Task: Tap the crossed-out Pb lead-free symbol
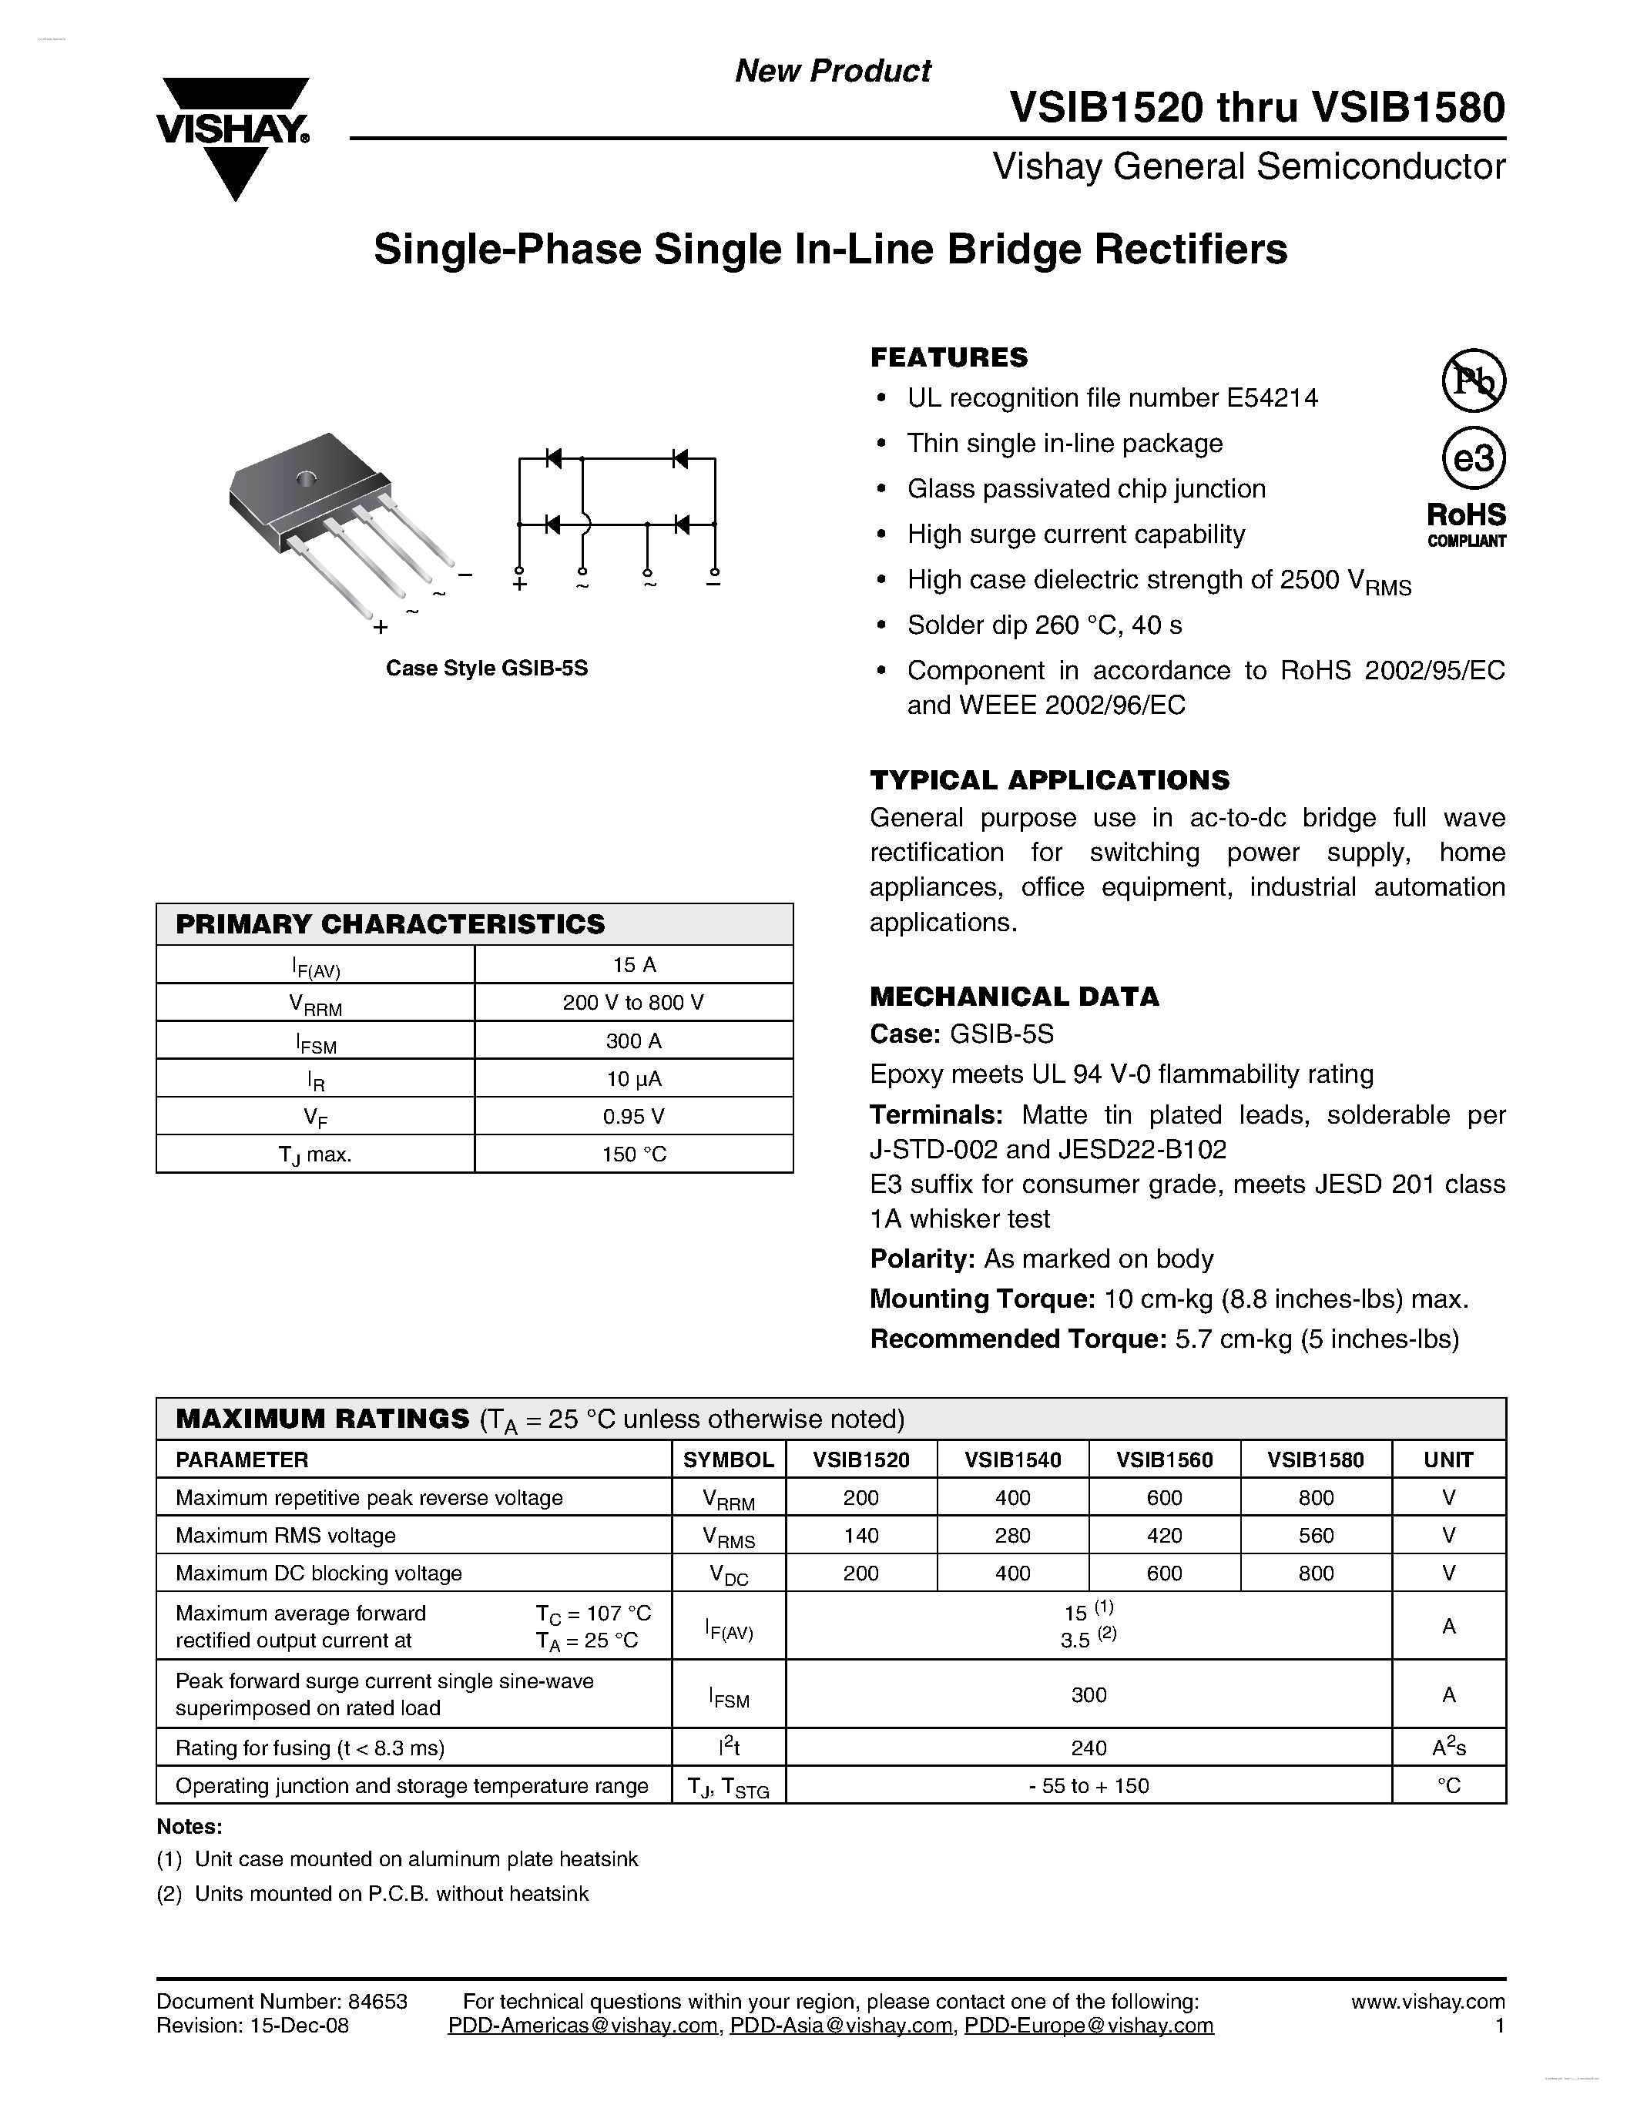click(1473, 380)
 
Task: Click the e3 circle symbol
click(1473, 457)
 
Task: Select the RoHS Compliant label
click(1466, 524)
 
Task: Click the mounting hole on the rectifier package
click(307, 478)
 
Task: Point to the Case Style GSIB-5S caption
click(487, 669)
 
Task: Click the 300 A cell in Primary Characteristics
click(633, 1041)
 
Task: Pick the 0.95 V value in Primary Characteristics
click(633, 1116)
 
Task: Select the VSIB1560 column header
click(1164, 1459)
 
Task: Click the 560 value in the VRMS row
click(1315, 1535)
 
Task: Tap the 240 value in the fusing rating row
click(1088, 1748)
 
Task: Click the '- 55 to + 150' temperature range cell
click(1088, 1785)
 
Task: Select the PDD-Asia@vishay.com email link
click(840, 2026)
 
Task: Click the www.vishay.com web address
click(1427, 2002)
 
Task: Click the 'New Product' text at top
click(832, 71)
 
